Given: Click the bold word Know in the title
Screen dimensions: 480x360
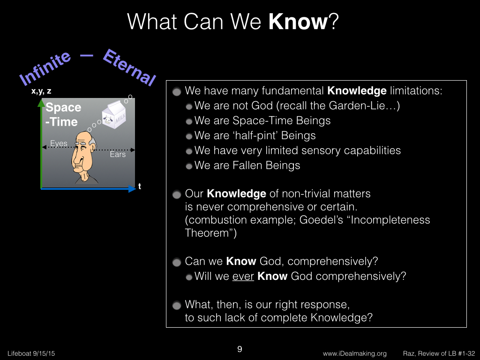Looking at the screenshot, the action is point(298,22).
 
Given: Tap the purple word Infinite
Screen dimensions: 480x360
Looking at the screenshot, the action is point(45,68).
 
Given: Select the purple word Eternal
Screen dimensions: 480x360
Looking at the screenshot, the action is point(129,67).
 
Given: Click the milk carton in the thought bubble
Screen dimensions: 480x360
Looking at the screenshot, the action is point(114,114).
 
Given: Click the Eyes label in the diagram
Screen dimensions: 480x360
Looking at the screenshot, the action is point(59,143).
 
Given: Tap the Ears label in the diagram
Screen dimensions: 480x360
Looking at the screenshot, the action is point(118,154).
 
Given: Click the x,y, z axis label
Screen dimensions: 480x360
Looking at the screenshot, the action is point(41,91).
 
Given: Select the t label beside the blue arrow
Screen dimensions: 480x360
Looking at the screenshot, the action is point(140,186).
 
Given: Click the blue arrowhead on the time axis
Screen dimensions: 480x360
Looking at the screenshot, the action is point(132,189).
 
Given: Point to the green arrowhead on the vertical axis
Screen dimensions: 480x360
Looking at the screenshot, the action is point(41,103).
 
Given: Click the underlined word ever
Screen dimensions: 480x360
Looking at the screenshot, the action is point(243,276).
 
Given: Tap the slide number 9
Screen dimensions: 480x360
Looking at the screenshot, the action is point(240,349).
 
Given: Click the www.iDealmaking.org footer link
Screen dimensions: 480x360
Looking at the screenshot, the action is point(354,353).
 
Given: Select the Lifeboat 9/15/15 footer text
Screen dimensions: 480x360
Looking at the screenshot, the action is point(31,353).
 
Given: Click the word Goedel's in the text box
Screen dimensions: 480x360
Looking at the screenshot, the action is point(321,220).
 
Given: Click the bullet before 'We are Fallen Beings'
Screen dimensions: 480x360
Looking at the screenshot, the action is point(189,166).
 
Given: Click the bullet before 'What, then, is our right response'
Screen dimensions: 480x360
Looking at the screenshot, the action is point(177,306).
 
